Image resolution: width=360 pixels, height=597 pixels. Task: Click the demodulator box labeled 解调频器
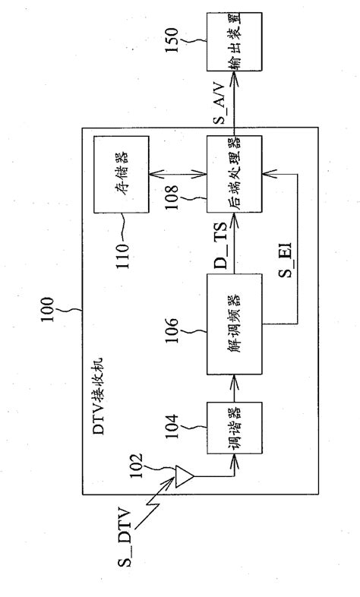(235, 324)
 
